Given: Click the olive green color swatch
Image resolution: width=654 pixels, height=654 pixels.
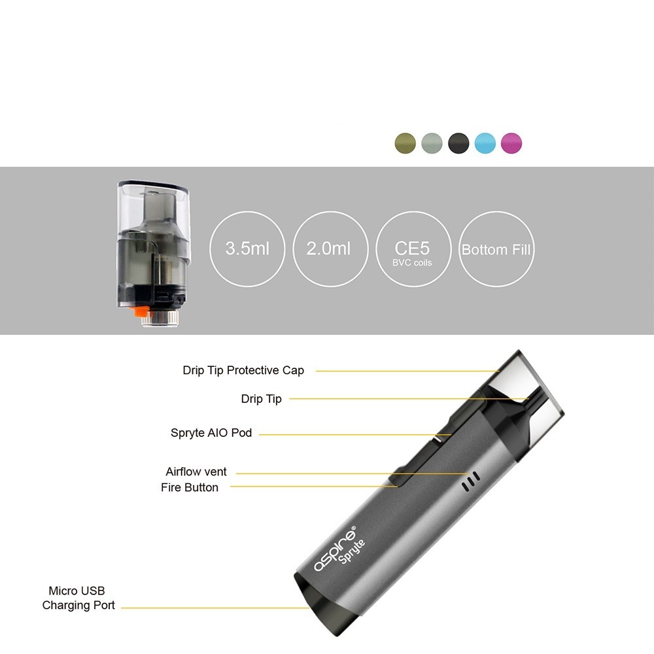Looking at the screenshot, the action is coord(405,143).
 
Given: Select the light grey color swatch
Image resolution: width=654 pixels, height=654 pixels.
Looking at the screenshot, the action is coord(432,143).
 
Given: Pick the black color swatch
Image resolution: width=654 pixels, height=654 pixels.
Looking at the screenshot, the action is coord(458,143).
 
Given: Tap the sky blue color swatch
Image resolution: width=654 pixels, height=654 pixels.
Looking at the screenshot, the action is coord(485,143).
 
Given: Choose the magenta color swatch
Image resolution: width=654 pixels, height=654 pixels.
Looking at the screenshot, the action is coord(511,143).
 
